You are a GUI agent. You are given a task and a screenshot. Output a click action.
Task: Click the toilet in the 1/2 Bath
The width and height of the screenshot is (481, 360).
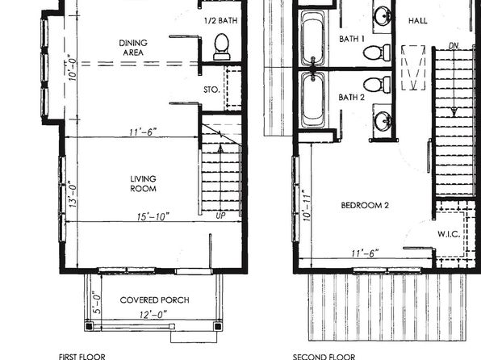pyautogui.click(x=221, y=47)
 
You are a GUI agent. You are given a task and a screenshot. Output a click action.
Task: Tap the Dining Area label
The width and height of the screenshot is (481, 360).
pyautogui.click(x=133, y=48)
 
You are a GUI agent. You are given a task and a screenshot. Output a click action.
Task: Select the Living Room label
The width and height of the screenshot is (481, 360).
pyautogui.click(x=143, y=183)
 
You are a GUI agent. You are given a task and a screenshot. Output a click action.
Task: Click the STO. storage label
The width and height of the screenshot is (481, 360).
pyautogui.click(x=211, y=90)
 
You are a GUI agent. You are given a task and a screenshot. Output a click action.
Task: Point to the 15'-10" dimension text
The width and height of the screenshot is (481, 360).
pyautogui.click(x=153, y=216)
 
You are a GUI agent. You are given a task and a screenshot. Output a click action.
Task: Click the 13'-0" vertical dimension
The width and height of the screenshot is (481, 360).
pyautogui.click(x=73, y=194)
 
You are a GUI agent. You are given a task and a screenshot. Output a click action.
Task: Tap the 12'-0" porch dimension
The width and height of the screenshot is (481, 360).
pyautogui.click(x=153, y=315)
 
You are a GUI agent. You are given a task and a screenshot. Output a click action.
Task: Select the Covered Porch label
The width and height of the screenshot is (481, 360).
pyautogui.click(x=154, y=299)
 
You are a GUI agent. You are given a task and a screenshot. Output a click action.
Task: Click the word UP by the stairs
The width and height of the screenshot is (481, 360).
pyautogui.click(x=220, y=216)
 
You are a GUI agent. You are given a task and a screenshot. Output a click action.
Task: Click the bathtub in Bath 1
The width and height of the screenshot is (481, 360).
pyautogui.click(x=312, y=38)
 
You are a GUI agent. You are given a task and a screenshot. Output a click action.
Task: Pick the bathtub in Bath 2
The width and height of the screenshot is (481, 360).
pyautogui.click(x=312, y=99)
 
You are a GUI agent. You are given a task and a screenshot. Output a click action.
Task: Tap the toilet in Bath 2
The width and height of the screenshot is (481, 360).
pyautogui.click(x=377, y=85)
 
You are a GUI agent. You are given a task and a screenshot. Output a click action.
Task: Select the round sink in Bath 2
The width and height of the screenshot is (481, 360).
pyautogui.click(x=383, y=120)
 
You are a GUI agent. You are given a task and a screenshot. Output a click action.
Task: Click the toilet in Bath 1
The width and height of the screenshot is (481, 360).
pyautogui.click(x=377, y=52)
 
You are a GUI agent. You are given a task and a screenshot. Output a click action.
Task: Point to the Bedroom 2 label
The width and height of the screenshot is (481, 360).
pyautogui.click(x=365, y=205)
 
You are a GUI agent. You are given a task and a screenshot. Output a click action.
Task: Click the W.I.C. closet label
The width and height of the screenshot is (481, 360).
pyautogui.click(x=449, y=234)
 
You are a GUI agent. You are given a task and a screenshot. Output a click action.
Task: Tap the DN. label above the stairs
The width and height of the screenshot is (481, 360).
pyautogui.click(x=454, y=46)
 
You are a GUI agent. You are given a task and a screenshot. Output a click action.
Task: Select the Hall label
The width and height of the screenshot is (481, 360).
pyautogui.click(x=418, y=20)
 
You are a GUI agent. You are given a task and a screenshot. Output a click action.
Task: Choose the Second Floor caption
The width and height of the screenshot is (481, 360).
pyautogui.click(x=324, y=357)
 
